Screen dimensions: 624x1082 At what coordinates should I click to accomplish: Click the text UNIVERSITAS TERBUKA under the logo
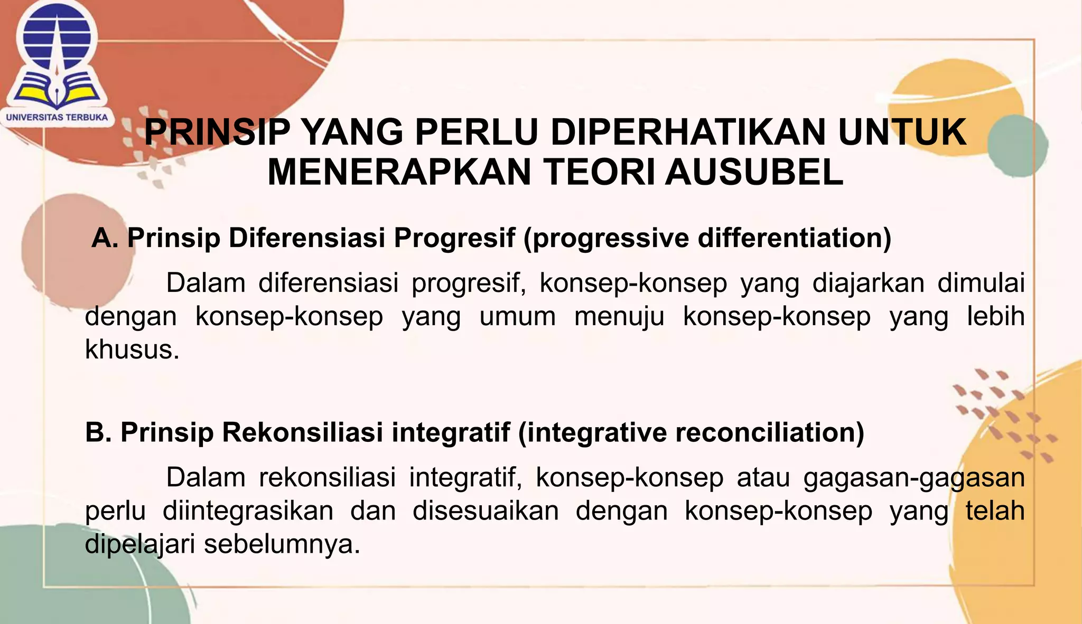click(57, 117)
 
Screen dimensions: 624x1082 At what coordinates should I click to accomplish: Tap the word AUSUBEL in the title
click(754, 173)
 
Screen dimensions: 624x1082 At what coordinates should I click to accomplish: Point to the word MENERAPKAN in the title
click(399, 173)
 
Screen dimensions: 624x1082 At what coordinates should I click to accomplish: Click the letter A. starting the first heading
click(105, 238)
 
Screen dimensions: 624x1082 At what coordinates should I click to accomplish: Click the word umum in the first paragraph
click(517, 316)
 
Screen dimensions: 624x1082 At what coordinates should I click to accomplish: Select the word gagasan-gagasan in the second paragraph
click(913, 477)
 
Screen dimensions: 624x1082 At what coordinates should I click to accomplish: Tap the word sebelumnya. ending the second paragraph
click(282, 544)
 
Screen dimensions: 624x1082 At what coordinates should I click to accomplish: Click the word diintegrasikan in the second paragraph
click(248, 510)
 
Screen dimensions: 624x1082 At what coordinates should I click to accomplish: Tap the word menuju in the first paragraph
click(619, 317)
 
